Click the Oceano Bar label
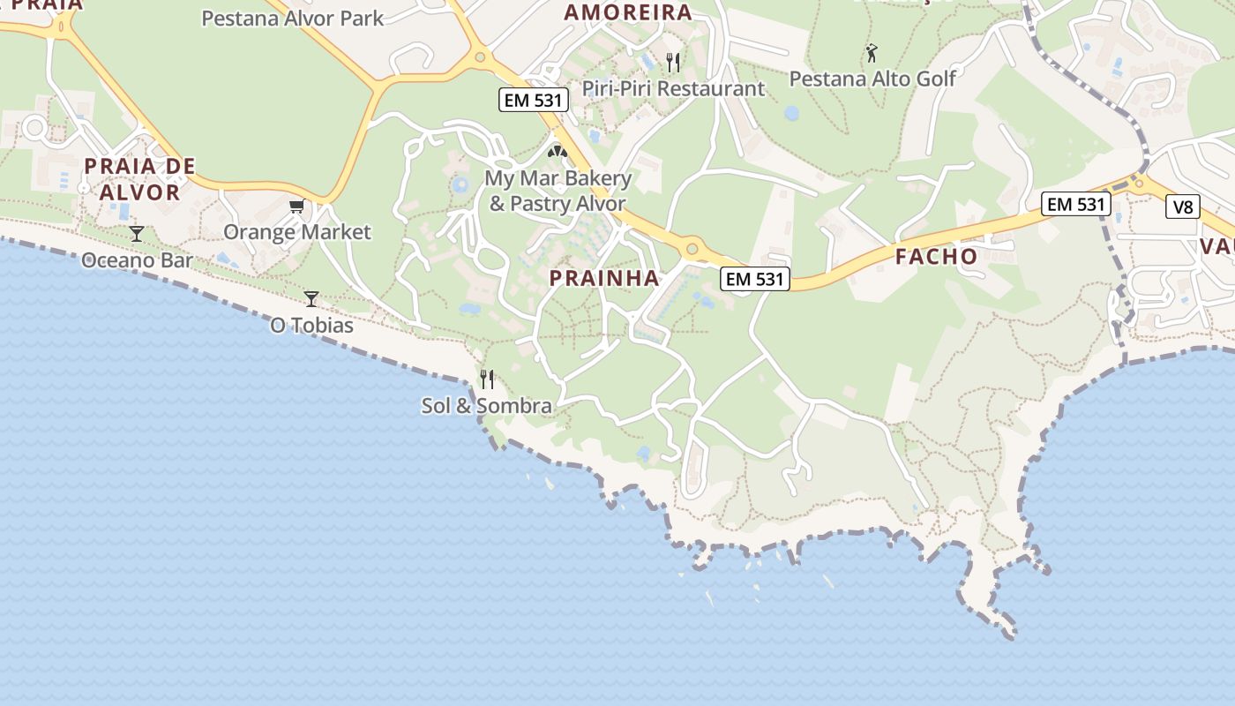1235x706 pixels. click(x=137, y=260)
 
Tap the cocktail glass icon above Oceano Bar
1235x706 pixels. click(x=137, y=234)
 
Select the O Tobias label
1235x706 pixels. click(x=311, y=326)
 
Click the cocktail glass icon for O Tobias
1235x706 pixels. click(x=311, y=298)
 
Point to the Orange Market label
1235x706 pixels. click(x=297, y=232)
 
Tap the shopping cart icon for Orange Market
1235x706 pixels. click(x=297, y=207)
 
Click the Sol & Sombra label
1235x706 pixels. click(x=486, y=406)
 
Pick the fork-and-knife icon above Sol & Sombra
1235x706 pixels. click(x=486, y=379)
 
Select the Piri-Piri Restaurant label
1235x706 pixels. click(x=673, y=88)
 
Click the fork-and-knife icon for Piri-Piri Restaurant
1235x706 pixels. click(x=673, y=62)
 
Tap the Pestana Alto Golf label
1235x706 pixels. click(x=872, y=79)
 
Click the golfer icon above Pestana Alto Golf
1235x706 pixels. click(x=872, y=53)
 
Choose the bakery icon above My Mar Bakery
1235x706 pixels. click(x=558, y=152)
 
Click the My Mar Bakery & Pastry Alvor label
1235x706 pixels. click(x=558, y=191)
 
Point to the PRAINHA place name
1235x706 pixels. click(x=604, y=278)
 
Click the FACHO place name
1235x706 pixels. click(x=937, y=257)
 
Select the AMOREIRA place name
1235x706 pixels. click(x=627, y=12)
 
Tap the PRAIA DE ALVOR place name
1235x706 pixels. click(x=139, y=179)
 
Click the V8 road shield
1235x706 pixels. click(x=1183, y=207)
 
